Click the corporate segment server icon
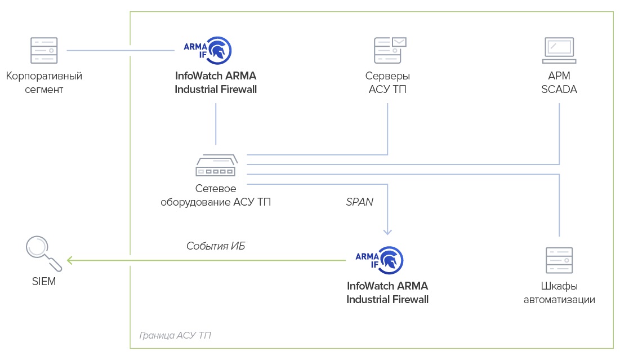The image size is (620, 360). click(43, 50)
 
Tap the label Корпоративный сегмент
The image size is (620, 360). click(44, 82)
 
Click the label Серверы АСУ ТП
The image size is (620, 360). click(387, 82)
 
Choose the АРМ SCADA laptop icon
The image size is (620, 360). click(559, 50)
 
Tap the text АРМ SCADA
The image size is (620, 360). click(559, 82)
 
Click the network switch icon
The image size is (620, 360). click(216, 167)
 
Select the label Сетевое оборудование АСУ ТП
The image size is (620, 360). click(216, 195)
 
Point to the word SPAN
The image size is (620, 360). click(359, 201)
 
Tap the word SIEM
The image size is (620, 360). click(44, 281)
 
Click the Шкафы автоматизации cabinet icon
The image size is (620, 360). click(559, 260)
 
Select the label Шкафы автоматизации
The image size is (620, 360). click(559, 292)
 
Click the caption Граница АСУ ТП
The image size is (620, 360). click(175, 335)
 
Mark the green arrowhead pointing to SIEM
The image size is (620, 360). click(69, 260)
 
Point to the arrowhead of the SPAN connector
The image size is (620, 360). click(387, 231)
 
